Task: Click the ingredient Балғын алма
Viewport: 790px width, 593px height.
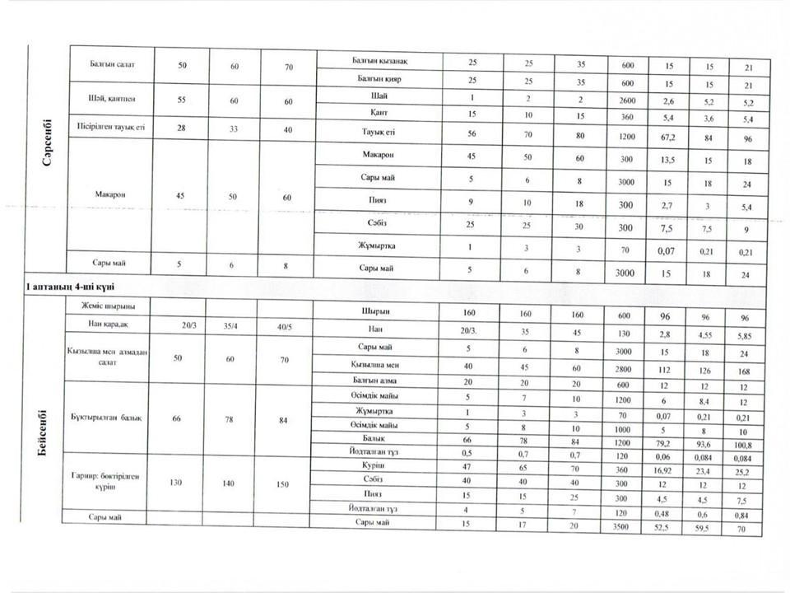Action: [379, 381]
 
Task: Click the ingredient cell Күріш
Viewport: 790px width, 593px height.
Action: [379, 465]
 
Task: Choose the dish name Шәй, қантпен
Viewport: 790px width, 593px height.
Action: [109, 99]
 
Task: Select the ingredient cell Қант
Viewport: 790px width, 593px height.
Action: [379, 113]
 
